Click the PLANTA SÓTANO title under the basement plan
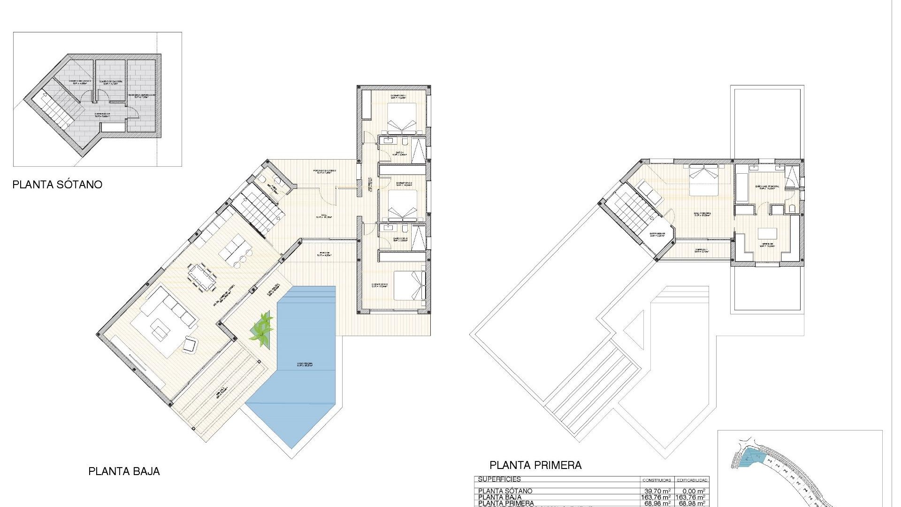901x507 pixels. pyautogui.click(x=57, y=184)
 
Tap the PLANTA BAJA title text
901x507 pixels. pyautogui.click(x=124, y=471)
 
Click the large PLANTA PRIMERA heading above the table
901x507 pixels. pyautogui.click(x=535, y=465)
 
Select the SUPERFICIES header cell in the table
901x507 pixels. pyautogui.click(x=499, y=480)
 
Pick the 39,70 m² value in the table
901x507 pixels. pyautogui.click(x=657, y=491)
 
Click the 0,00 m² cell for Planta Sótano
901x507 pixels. pyautogui.click(x=692, y=491)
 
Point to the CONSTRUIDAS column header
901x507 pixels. pyautogui.click(x=657, y=480)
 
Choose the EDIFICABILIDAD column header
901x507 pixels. pyautogui.click(x=692, y=480)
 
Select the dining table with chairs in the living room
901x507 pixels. pyautogui.click(x=203, y=277)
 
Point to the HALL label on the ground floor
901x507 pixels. pyautogui.click(x=324, y=216)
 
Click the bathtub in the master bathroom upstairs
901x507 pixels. pyautogui.click(x=742, y=188)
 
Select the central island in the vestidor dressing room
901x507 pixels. pyautogui.click(x=768, y=233)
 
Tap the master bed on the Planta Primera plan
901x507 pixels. pyautogui.click(x=703, y=180)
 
